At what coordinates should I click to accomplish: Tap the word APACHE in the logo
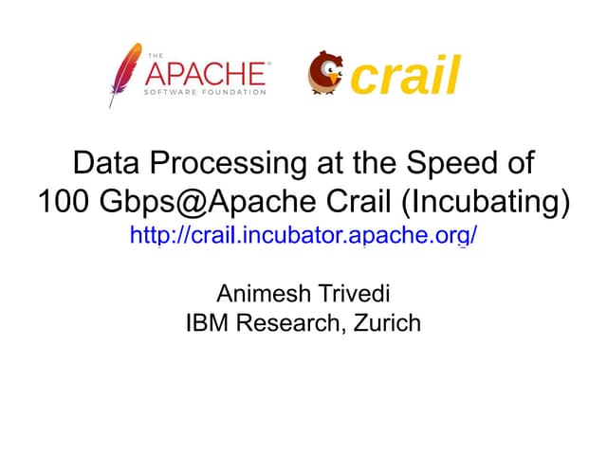tap(205, 73)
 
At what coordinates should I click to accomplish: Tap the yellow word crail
tap(406, 76)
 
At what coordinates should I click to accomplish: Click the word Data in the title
tap(103, 164)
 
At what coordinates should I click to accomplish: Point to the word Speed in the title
tap(454, 164)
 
